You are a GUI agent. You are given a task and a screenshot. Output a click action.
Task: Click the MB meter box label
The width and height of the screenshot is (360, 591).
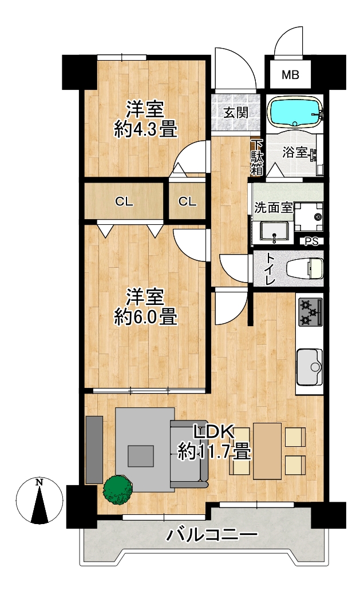point(290,74)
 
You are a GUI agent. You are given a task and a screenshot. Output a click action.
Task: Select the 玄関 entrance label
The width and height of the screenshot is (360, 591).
point(236,113)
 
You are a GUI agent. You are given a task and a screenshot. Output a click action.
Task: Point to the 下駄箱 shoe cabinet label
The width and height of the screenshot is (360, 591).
point(258,158)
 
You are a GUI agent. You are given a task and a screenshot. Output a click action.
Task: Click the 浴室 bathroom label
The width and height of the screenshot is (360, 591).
point(295,153)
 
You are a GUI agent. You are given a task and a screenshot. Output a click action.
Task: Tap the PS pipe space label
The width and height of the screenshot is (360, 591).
point(312,241)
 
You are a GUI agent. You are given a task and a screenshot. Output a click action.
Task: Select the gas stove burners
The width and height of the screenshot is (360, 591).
point(311,312)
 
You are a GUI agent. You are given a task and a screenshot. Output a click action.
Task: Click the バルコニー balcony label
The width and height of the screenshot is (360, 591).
point(213,534)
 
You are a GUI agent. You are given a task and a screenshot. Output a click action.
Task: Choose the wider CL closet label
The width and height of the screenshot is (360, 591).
point(124,202)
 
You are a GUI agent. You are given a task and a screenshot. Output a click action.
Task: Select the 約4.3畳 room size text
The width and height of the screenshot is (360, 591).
point(145,130)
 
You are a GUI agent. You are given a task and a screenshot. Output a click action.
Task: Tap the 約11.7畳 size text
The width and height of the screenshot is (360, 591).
point(214,451)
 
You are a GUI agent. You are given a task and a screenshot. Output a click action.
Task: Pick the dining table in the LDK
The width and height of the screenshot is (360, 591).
point(267,451)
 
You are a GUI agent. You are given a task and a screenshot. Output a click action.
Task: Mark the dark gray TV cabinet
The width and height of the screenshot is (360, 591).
point(94,450)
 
